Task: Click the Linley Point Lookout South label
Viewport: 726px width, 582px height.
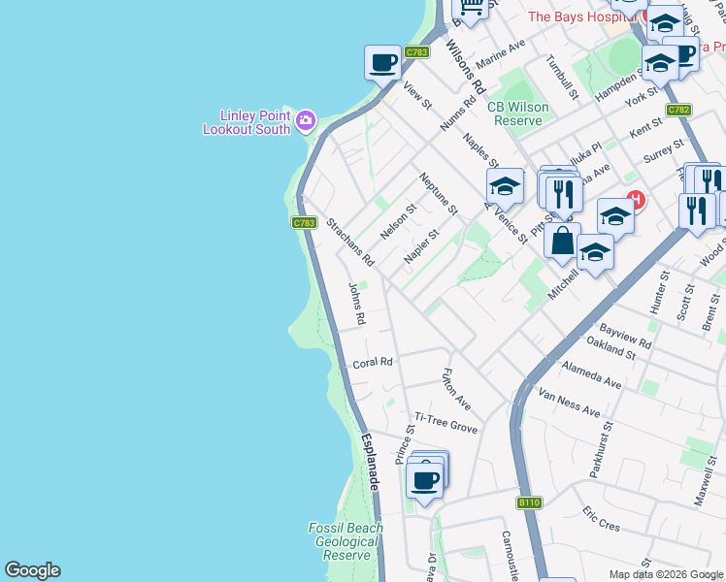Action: [247, 121]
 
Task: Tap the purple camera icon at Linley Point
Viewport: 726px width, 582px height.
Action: [306, 120]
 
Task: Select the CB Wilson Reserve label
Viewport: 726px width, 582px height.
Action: [519, 113]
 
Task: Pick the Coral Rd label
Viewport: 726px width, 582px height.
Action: [373, 363]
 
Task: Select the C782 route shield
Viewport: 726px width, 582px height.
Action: [678, 110]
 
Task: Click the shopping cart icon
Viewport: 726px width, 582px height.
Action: [471, 8]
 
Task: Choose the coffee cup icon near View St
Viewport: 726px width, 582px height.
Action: [382, 63]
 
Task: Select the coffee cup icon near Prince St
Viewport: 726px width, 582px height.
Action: [424, 479]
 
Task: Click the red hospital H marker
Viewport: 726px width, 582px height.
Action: [636, 201]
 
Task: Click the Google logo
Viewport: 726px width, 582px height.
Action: [32, 570]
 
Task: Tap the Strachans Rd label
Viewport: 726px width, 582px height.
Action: [350, 242]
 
